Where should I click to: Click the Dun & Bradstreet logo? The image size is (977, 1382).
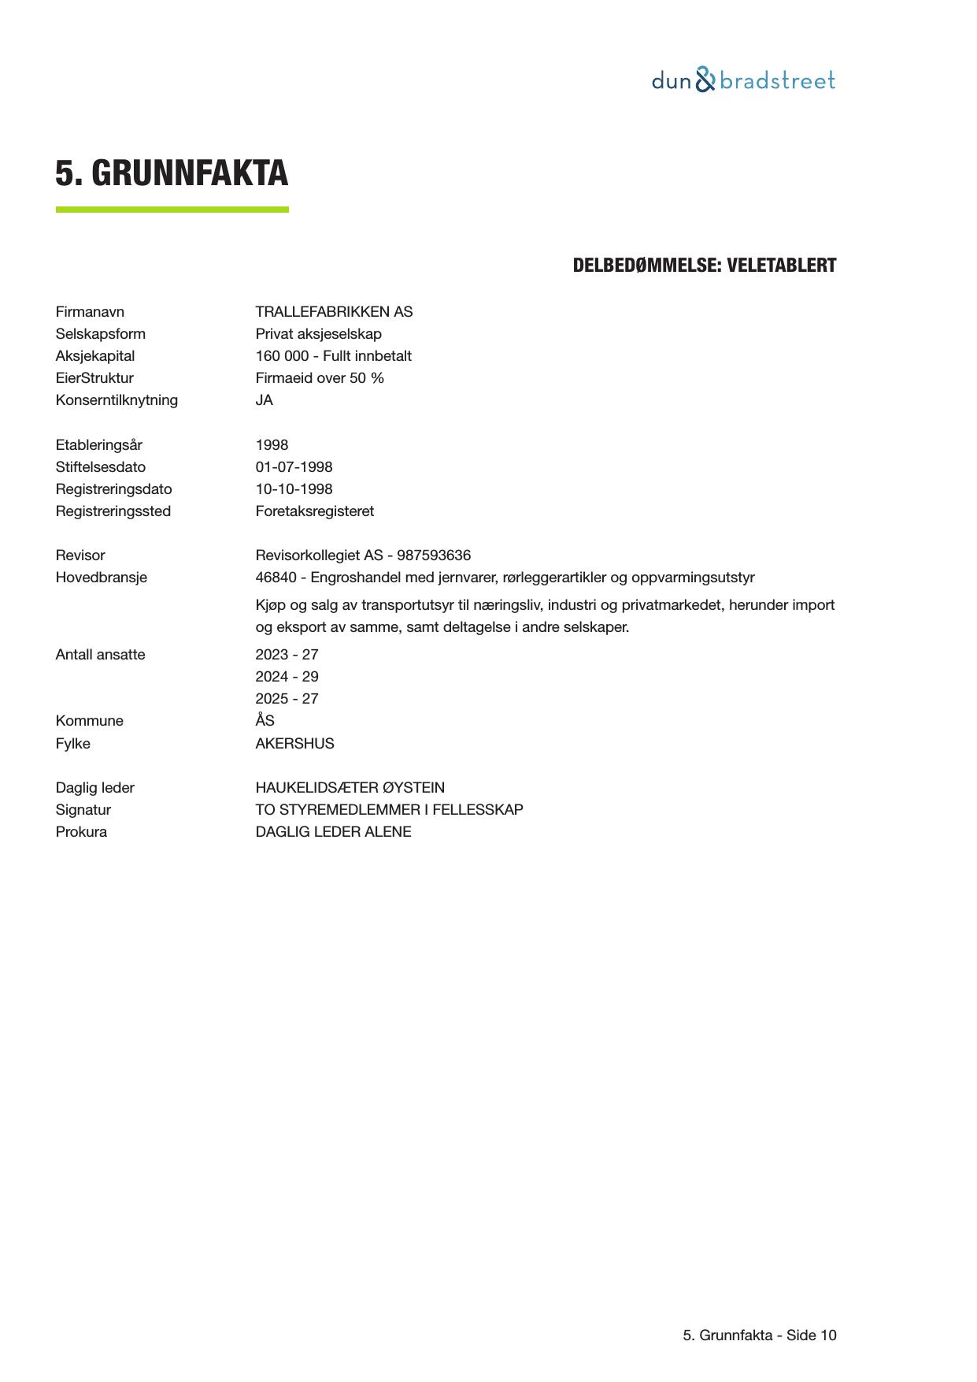pos(743,80)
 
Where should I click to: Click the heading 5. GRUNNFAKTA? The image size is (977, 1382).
pos(172,173)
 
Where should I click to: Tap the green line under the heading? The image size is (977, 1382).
pos(172,210)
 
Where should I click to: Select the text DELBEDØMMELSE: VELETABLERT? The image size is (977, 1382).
pos(704,266)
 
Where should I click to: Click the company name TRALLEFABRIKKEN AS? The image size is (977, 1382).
pos(334,312)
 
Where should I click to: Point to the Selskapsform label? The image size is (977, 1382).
pos(100,334)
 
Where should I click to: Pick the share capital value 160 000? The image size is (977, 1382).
pos(282,356)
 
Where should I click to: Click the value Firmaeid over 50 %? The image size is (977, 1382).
pos(320,378)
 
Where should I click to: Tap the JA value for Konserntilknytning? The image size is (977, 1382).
pos(265,400)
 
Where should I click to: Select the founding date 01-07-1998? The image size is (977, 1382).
pos(294,467)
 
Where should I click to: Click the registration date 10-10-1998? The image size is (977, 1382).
pos(294,489)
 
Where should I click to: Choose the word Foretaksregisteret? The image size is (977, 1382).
pos(314,511)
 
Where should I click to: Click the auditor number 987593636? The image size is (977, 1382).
pos(434,555)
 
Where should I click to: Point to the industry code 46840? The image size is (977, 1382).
pos(276,578)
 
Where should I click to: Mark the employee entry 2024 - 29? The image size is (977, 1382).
pos(287,677)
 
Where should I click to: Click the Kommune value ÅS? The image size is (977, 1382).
pos(265,721)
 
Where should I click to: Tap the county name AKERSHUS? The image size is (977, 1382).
pos(294,744)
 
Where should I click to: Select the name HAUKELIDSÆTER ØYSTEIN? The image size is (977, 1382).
pos(350,788)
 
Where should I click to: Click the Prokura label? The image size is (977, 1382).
pos(81,832)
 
